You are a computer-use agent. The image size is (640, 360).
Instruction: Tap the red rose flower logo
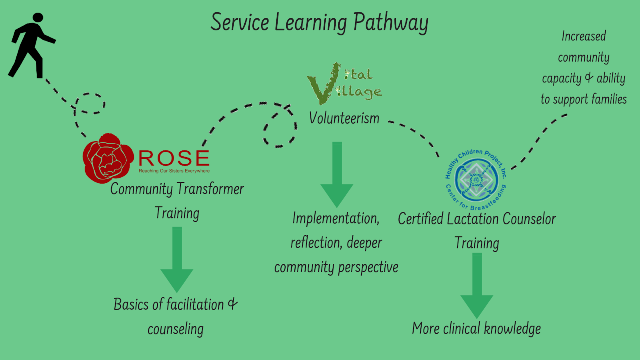pyautogui.click(x=107, y=158)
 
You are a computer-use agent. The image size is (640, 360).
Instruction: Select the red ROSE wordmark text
pyautogui.click(x=174, y=158)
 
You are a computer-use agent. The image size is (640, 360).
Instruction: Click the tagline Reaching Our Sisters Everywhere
pyautogui.click(x=174, y=171)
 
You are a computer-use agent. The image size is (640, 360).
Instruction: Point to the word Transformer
pyautogui.click(x=210, y=189)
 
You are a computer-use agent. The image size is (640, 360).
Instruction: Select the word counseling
pyautogui.click(x=176, y=329)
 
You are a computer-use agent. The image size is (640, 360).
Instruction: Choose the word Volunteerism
pyautogui.click(x=344, y=118)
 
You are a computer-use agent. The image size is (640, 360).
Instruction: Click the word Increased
pyautogui.click(x=584, y=36)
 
